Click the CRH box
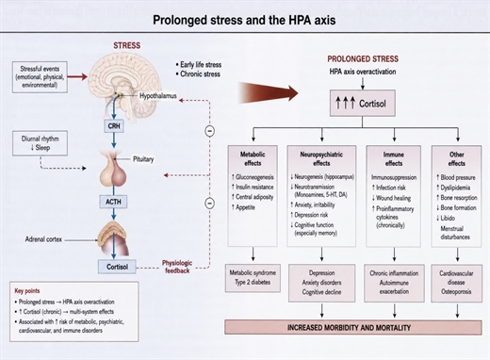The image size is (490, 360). pyautogui.click(x=114, y=126)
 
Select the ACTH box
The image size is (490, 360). pyautogui.click(x=113, y=202)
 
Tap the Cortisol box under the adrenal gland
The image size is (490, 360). pyautogui.click(x=117, y=267)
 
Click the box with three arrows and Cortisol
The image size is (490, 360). pyautogui.click(x=363, y=104)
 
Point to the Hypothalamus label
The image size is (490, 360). pyautogui.click(x=158, y=96)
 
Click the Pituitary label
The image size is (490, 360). pyautogui.click(x=143, y=159)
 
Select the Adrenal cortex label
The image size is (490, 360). pyautogui.click(x=43, y=239)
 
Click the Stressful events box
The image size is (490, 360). pyautogui.click(x=40, y=77)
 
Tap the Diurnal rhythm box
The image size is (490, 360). pyautogui.click(x=40, y=143)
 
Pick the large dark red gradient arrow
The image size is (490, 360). pyautogui.click(x=268, y=92)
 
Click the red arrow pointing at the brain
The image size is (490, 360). pyautogui.click(x=77, y=76)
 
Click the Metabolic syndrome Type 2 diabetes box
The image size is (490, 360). pyautogui.click(x=253, y=278)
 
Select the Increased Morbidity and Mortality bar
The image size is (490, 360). pyautogui.click(x=353, y=328)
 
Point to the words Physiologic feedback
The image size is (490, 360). pyautogui.click(x=177, y=267)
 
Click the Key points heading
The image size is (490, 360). pyautogui.click(x=27, y=291)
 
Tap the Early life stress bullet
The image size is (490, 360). pyautogui.click(x=199, y=65)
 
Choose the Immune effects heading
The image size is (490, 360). pyautogui.click(x=394, y=158)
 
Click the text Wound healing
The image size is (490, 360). pyautogui.click(x=391, y=198)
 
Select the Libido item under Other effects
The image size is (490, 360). pyautogui.click(x=446, y=218)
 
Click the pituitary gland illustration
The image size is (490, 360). pyautogui.click(x=113, y=169)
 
